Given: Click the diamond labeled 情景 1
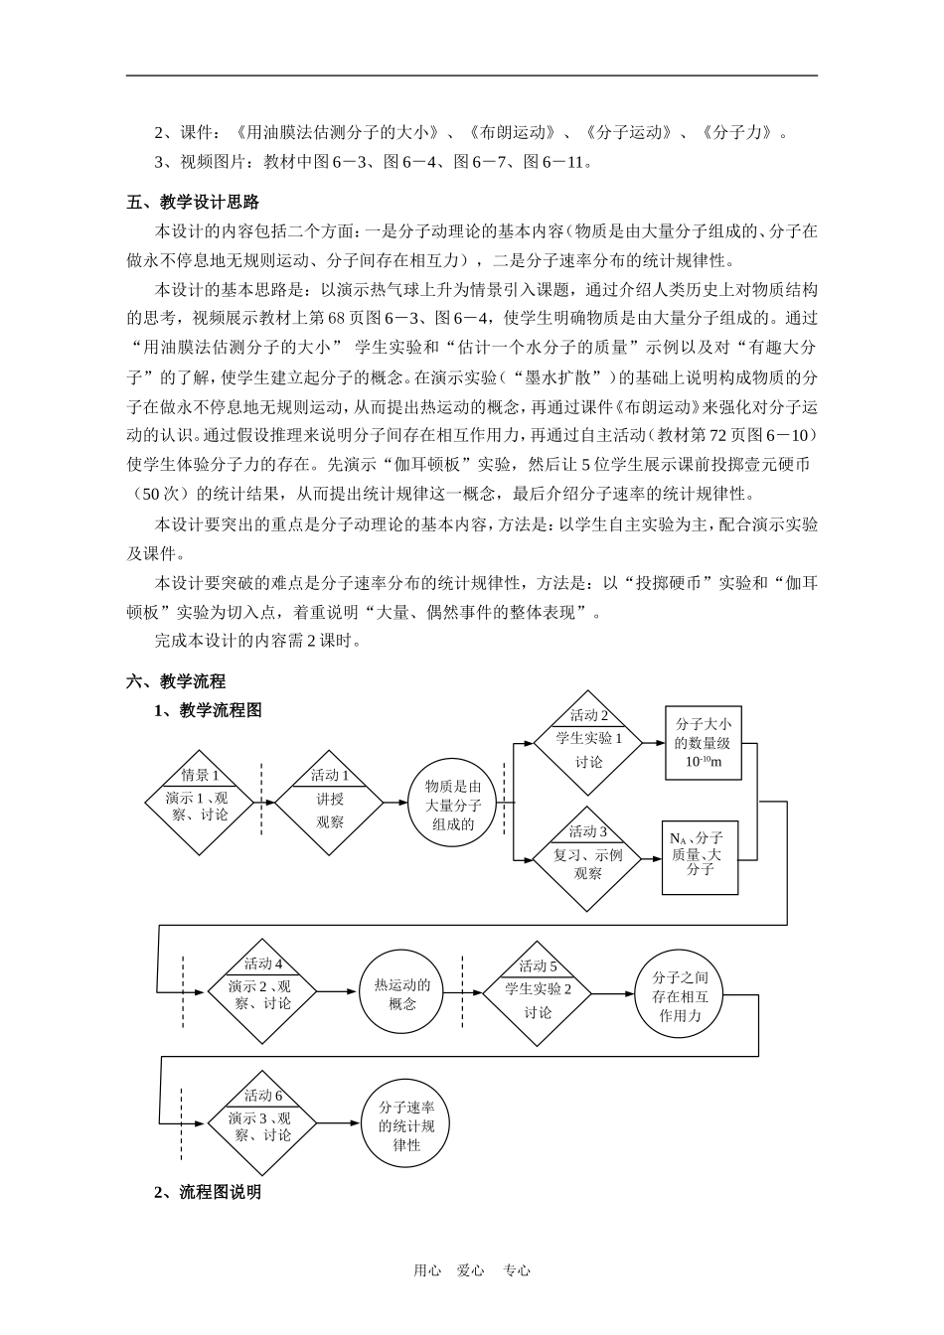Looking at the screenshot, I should point(200,802).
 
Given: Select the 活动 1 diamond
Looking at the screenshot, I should point(329,802).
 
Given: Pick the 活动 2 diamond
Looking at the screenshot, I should point(589,743).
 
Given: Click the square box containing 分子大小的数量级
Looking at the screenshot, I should point(702,743).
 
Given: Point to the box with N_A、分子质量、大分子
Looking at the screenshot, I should point(702,856).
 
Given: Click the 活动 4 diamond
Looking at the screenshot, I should point(262,991).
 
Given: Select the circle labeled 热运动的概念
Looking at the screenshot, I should point(401,992).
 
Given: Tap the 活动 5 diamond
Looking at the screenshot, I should point(538,992).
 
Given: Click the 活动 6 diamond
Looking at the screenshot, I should point(262,1122).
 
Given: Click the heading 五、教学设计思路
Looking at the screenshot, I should point(193,203).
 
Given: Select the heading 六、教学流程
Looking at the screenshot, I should point(176,681).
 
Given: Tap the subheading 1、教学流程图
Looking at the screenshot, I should point(208,710).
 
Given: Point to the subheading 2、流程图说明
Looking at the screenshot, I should point(208,1192).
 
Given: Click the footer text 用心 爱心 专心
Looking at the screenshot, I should point(472,1269).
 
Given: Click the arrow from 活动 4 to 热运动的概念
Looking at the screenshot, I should point(338,992).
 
